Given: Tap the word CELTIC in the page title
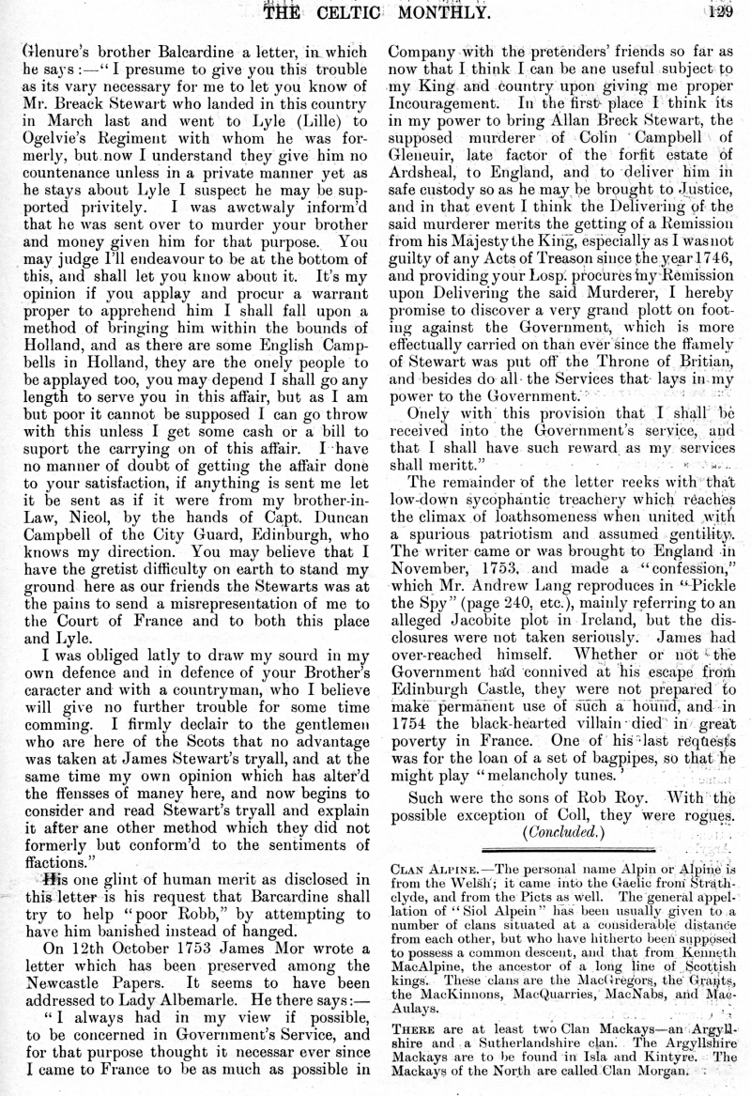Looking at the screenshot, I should (349, 11).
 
